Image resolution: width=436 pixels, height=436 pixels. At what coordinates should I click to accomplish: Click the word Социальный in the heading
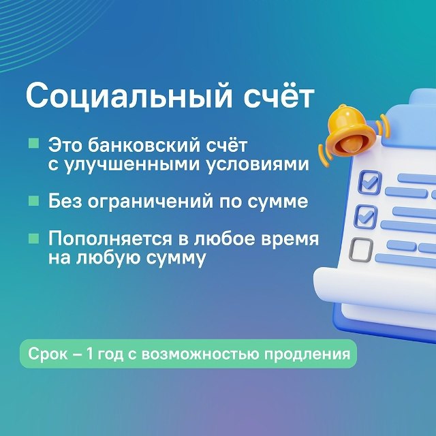129,95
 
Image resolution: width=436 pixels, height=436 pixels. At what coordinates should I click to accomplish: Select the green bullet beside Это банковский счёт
33,143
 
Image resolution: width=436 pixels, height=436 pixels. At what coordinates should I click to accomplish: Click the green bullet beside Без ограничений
33,200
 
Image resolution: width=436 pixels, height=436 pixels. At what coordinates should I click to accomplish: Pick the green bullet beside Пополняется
33,238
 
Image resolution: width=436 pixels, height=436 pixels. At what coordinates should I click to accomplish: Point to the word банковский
144,145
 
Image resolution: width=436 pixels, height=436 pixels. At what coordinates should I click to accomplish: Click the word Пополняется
110,238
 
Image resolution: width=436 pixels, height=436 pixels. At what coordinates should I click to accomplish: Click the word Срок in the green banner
48,354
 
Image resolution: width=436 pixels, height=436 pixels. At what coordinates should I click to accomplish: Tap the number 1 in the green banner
89,354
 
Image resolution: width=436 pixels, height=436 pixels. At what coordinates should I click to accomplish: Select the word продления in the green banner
307,355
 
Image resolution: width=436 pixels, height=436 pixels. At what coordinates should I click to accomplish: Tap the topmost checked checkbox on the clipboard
370,183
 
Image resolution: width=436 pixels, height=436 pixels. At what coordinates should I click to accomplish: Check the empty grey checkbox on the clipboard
361,250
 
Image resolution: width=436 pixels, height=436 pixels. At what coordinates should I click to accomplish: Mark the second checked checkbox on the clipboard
366,217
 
